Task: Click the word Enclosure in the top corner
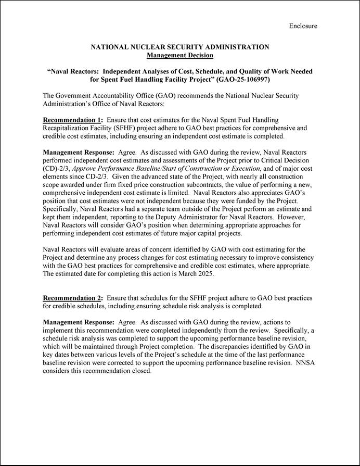(303, 26)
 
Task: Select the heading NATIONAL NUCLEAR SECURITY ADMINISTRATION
(180, 47)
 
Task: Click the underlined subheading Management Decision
(180, 55)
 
